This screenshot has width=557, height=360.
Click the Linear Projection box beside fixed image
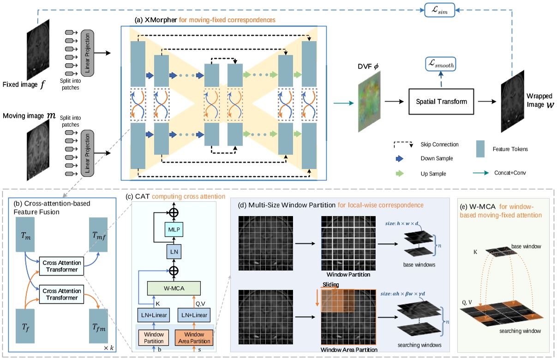tap(87, 54)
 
